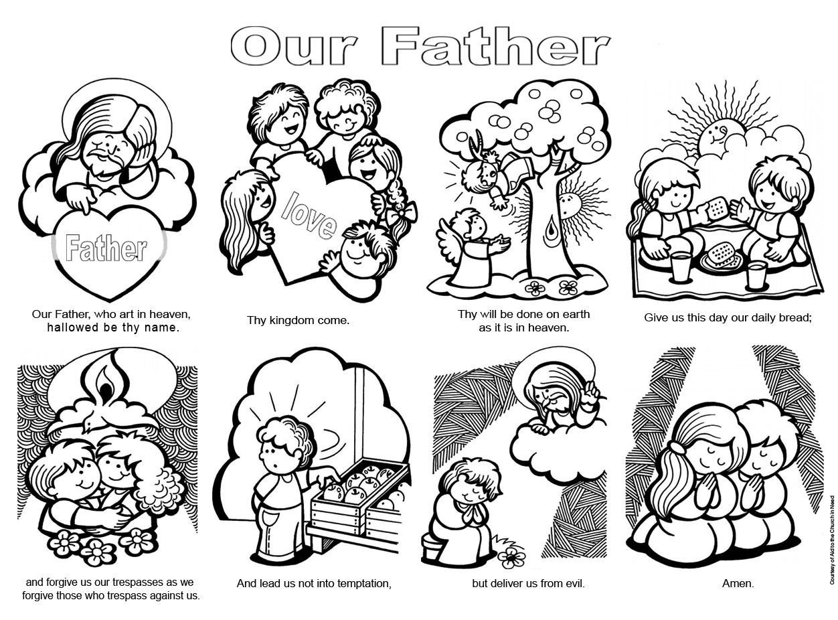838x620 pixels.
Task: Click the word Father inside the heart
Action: tap(106, 248)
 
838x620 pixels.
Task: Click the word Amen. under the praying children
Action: tap(738, 583)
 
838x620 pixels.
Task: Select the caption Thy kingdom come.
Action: tap(298, 320)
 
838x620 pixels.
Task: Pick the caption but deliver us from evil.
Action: tap(528, 583)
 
